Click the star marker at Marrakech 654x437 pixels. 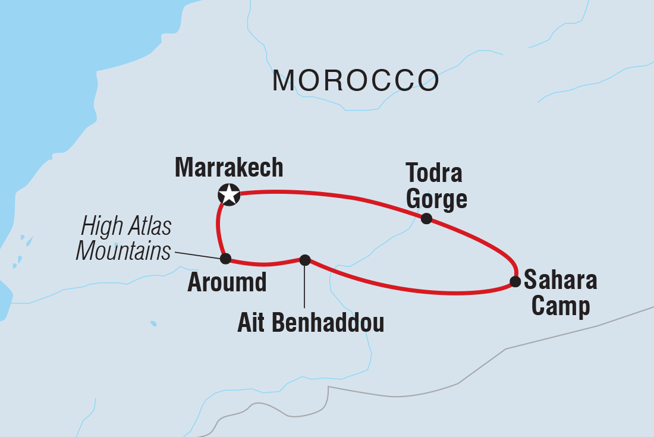click(x=229, y=194)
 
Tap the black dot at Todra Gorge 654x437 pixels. click(x=426, y=218)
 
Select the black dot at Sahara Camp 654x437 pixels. click(x=515, y=282)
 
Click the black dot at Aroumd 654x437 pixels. click(x=225, y=258)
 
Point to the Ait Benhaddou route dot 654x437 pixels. click(x=304, y=259)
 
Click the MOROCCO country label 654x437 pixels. click(x=356, y=80)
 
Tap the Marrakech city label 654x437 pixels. click(x=229, y=168)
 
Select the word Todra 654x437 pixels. click(x=434, y=174)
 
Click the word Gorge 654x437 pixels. click(x=436, y=200)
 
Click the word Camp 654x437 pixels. click(x=561, y=306)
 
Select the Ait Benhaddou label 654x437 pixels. click(x=310, y=323)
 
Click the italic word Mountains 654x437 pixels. click(x=123, y=251)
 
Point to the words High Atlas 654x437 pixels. click(x=126, y=227)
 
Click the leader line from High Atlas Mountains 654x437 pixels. click(x=196, y=255)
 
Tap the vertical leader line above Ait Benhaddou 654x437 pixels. click(x=304, y=285)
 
